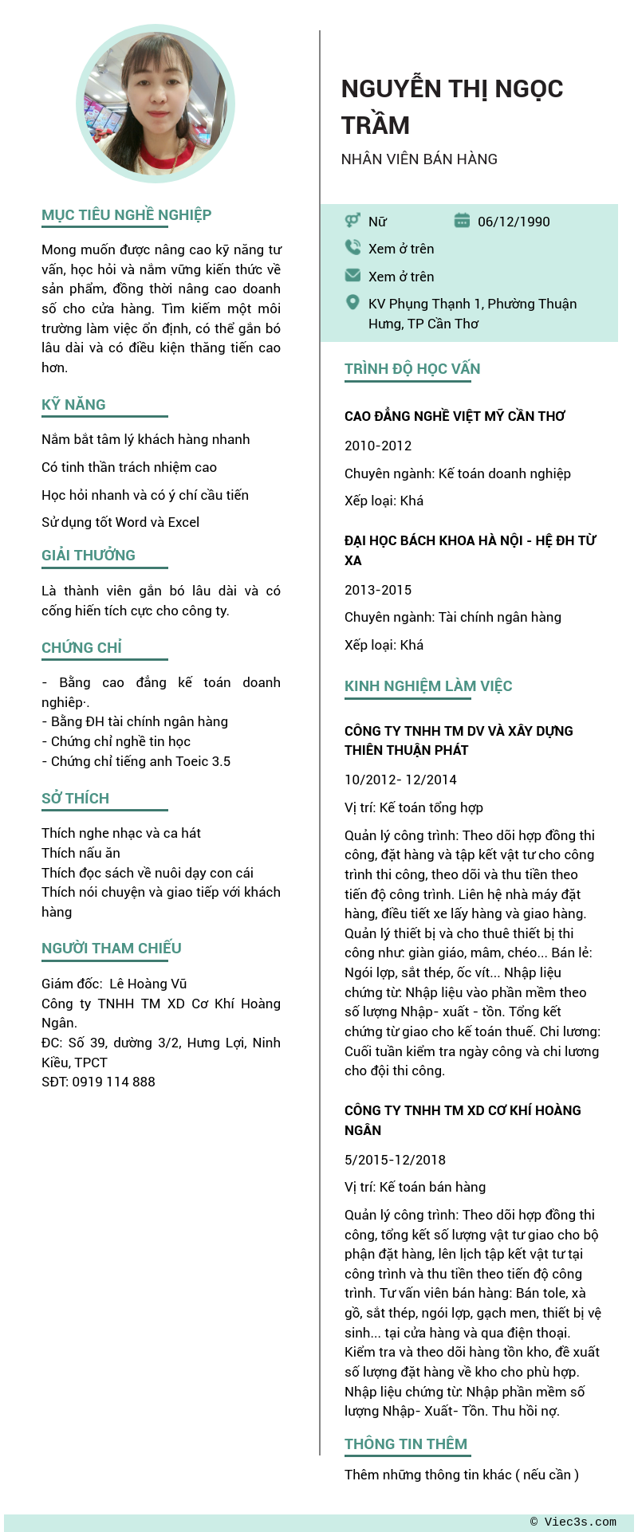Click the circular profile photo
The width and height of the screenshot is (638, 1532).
point(156,104)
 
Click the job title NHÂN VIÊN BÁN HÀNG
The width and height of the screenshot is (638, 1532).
point(419,159)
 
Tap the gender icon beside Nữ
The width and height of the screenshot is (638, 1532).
point(352,221)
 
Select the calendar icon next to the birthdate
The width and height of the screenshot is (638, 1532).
point(462,221)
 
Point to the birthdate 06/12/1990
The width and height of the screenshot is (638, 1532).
point(514,222)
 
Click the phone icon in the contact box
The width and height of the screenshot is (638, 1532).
point(352,248)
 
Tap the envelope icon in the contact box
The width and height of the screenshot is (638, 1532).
point(352,276)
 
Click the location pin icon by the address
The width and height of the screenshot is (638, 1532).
point(352,303)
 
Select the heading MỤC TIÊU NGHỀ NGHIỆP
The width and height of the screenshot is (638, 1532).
point(126,215)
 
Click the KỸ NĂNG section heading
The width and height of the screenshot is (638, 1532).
point(73,405)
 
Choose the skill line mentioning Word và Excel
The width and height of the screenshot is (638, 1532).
point(120,522)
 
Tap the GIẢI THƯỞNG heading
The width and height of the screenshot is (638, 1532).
point(89,556)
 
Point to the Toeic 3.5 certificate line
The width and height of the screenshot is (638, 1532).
point(136,761)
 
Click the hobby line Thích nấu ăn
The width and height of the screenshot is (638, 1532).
point(81,853)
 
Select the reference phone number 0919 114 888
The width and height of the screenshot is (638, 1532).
point(98,1082)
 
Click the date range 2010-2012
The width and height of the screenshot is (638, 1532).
point(378,446)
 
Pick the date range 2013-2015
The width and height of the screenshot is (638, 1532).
point(378,590)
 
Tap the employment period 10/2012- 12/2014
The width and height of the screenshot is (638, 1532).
point(400,780)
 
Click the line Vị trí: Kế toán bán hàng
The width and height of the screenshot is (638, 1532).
point(415,1187)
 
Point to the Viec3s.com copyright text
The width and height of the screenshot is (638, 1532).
point(573,1522)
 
